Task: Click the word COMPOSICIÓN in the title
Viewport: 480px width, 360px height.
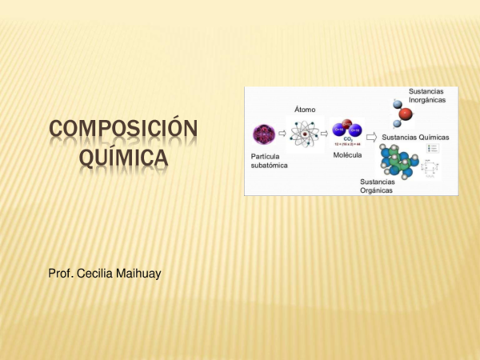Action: [123, 130]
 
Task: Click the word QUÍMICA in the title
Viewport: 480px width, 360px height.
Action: [123, 158]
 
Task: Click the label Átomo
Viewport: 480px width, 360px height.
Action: [306, 108]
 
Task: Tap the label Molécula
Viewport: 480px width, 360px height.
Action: [347, 154]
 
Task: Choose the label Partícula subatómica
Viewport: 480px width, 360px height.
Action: [269, 160]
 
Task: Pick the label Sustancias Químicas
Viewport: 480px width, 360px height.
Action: [416, 137]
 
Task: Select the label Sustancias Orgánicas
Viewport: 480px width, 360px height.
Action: [377, 185]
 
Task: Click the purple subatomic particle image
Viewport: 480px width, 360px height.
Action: [263, 134]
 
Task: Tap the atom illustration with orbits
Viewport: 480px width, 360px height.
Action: [306, 134]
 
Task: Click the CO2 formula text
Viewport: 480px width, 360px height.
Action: [348, 139]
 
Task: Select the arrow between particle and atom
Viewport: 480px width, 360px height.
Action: [282, 134]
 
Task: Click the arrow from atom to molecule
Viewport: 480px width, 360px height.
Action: [326, 134]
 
